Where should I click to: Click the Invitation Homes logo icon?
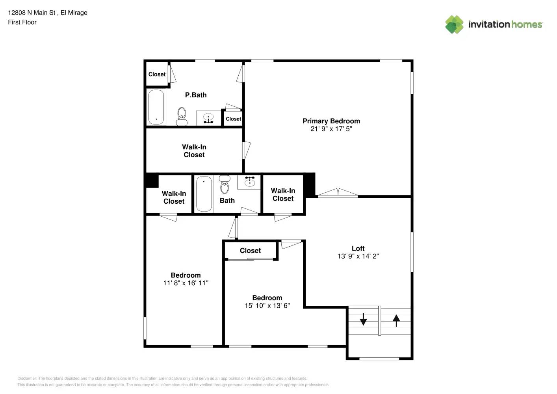(454, 24)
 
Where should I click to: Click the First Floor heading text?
(22, 22)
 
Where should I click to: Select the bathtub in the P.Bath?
(156, 107)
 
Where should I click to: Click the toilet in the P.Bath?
(182, 116)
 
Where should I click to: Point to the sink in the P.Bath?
(208, 118)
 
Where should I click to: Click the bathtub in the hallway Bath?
(204, 193)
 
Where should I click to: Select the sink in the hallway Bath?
(249, 182)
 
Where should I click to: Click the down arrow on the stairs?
(363, 319)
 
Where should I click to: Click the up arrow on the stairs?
(396, 320)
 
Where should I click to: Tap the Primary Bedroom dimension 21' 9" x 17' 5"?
(331, 129)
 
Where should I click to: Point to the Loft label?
(358, 248)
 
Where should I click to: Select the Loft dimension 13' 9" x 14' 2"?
(358, 256)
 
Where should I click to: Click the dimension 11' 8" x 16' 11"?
(186, 283)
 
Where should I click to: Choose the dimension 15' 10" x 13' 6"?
(267, 305)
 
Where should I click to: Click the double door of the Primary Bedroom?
(338, 193)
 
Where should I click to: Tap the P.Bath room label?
(196, 95)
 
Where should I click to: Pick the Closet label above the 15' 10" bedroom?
(250, 251)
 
